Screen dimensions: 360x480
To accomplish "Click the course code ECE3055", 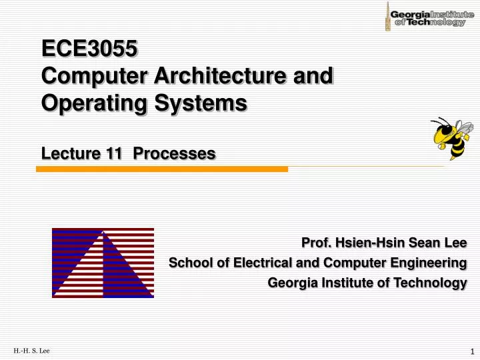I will (89, 49).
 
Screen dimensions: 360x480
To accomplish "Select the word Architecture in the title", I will (214, 76).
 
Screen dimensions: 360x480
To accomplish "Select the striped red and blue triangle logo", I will (103, 263).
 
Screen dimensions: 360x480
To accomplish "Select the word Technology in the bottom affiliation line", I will (431, 283).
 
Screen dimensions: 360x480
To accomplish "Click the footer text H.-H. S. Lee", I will (31, 351).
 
